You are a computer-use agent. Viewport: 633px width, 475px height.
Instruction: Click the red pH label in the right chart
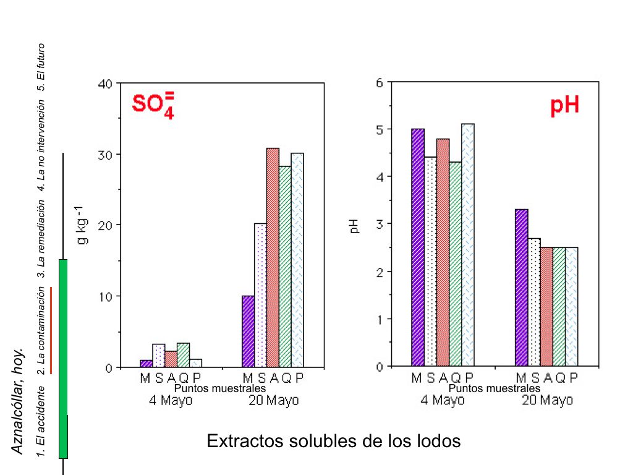pos(564,106)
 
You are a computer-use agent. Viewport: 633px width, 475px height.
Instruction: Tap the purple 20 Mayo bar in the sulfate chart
pos(248,332)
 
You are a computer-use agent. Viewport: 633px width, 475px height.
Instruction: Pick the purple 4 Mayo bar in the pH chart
pos(418,247)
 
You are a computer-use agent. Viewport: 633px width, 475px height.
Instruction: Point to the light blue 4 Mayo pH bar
pos(468,245)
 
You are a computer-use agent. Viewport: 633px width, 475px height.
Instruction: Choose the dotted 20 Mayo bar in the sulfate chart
pos(260,295)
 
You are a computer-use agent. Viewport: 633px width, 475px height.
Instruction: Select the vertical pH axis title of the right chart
pos(355,226)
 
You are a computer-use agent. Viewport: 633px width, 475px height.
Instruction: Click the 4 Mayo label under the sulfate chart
pos(171,400)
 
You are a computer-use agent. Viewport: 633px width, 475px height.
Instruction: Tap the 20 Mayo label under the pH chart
pos(547,400)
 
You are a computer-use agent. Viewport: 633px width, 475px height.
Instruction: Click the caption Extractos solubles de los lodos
pos(334,442)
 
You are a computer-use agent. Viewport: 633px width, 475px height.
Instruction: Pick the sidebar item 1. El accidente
pos(41,421)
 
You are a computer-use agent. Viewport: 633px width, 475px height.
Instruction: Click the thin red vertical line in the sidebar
pos(51,330)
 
